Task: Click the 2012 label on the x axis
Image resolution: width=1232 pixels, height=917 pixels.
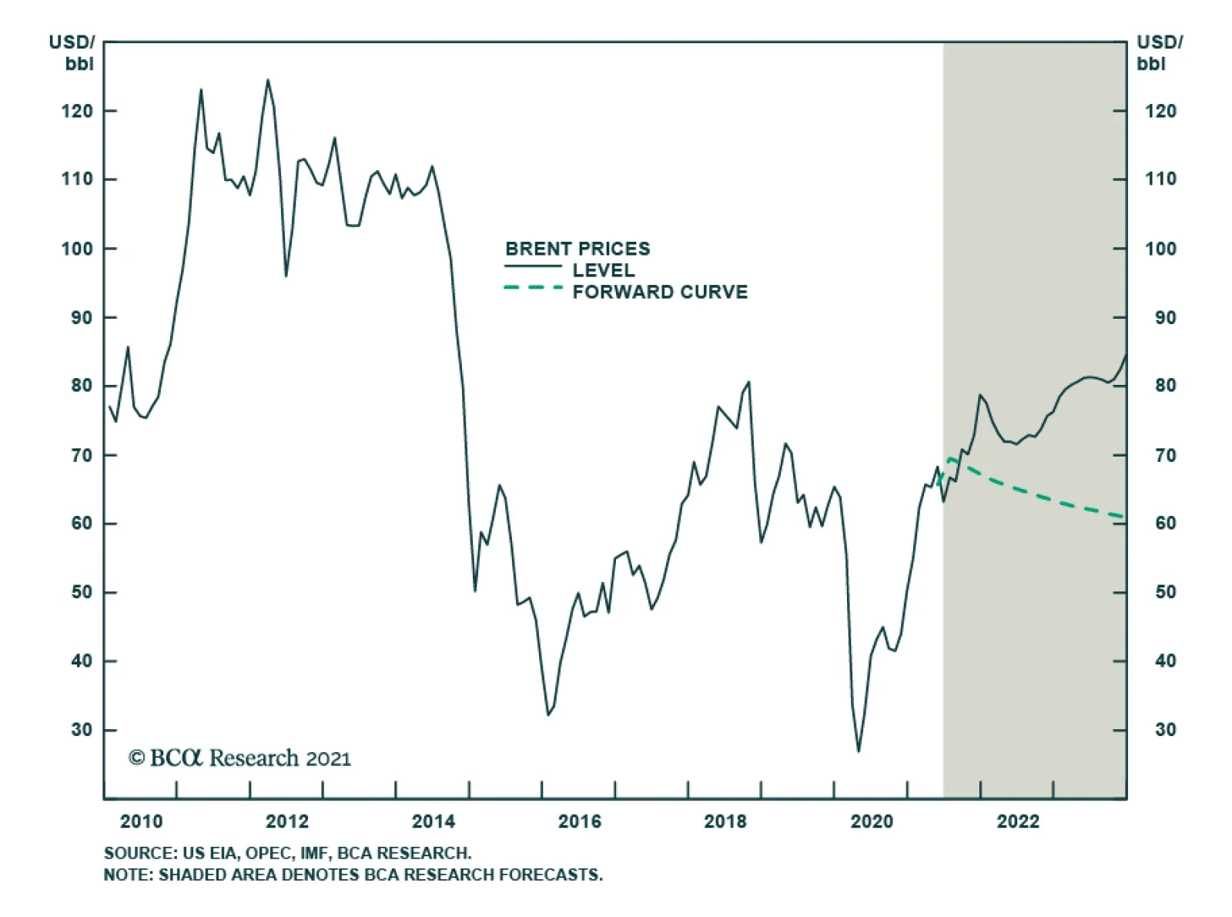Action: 287,822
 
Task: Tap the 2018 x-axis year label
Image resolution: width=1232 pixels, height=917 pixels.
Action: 725,822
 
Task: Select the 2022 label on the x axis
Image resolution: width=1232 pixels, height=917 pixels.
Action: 1018,822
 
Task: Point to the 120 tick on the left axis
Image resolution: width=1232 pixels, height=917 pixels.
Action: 77,111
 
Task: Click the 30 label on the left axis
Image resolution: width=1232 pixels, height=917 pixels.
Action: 82,729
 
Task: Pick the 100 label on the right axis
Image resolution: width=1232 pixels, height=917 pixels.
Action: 1160,249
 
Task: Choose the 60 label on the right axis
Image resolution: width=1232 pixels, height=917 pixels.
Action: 1165,524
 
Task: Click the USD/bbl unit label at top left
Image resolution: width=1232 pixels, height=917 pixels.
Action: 72,52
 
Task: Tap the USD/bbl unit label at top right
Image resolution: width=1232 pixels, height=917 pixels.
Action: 1159,52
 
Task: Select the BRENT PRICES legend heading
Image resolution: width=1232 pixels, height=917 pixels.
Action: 577,249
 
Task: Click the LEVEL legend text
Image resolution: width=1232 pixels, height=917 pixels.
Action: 604,270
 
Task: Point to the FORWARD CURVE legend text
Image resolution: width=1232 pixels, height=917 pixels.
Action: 660,292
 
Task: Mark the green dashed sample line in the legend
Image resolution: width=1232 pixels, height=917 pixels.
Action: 533,288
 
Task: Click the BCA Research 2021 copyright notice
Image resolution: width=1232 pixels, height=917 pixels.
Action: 239,758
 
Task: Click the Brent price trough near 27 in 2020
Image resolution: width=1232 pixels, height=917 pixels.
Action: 859,751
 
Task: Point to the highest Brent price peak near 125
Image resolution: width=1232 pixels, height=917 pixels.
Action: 268,80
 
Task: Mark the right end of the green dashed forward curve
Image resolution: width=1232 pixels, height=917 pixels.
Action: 1123,517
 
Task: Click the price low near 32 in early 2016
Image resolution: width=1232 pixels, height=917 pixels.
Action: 548,715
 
